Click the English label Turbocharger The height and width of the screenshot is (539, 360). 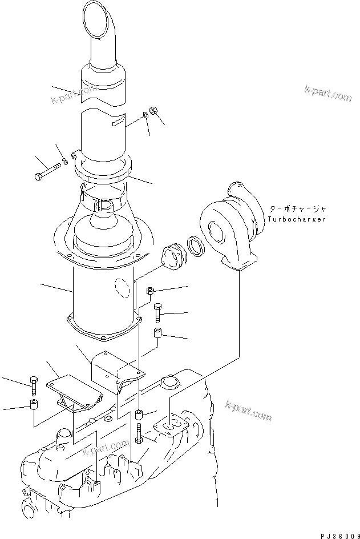[x=297, y=220]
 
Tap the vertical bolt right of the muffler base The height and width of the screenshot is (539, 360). [x=158, y=312]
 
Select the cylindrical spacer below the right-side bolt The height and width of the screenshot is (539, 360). [x=157, y=333]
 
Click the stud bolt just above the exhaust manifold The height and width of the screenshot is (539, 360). [x=139, y=435]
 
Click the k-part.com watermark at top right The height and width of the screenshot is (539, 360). [x=328, y=94]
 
